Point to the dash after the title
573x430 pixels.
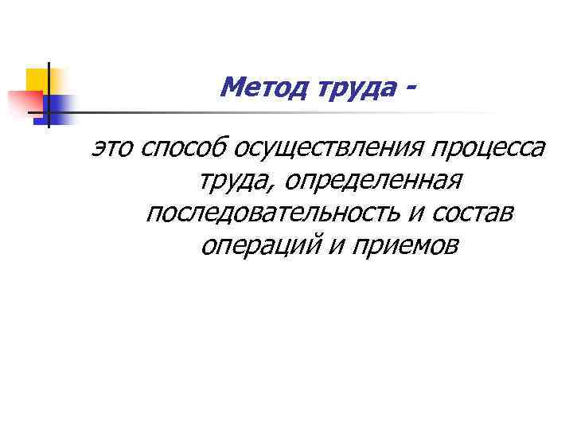click(x=411, y=85)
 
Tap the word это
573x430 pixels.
click(x=113, y=148)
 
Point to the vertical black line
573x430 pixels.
click(x=48, y=96)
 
